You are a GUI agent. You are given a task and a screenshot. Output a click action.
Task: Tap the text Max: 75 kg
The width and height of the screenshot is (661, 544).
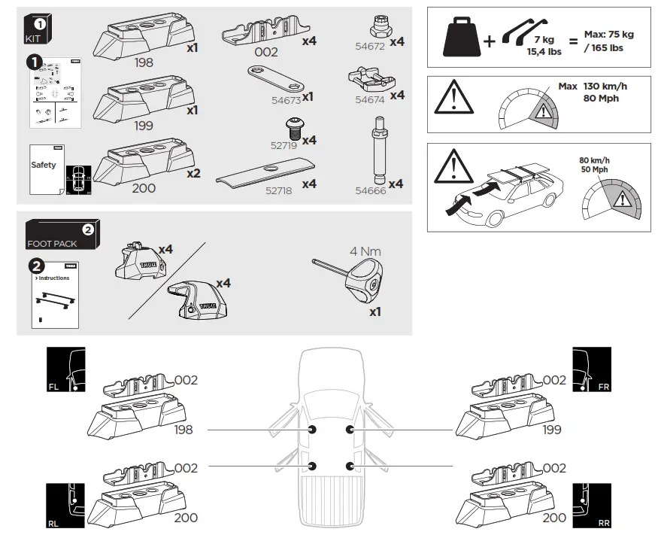click(x=608, y=35)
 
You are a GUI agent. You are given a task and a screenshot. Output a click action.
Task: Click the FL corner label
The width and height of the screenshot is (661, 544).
click(x=53, y=386)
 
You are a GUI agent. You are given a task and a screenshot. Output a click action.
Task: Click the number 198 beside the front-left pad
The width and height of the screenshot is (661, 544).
click(x=182, y=430)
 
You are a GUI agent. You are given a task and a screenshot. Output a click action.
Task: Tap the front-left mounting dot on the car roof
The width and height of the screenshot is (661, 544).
click(x=312, y=430)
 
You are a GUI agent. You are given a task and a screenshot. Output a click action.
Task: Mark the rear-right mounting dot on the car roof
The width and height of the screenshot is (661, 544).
click(x=349, y=467)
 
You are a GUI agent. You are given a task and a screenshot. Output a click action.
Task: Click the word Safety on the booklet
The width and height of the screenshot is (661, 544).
click(x=44, y=165)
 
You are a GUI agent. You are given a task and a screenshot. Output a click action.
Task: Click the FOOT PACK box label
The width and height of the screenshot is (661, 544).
click(x=50, y=244)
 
